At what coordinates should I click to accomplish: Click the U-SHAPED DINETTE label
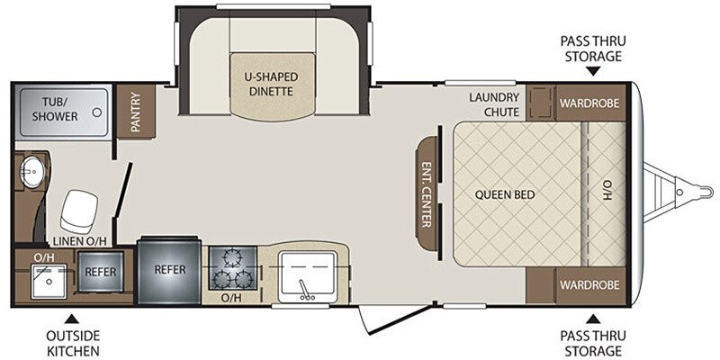coord(271,84)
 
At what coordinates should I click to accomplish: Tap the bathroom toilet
coord(79,211)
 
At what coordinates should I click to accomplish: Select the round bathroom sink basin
coord(32,171)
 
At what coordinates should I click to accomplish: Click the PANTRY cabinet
coord(136,112)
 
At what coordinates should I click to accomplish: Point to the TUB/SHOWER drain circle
coord(97,112)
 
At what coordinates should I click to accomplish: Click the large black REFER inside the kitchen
coord(169,271)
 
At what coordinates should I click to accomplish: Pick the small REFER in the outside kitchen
coord(101,272)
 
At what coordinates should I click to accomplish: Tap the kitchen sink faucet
coord(303,290)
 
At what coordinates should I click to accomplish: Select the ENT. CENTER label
coord(427,193)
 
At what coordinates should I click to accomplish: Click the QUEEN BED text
coord(505,194)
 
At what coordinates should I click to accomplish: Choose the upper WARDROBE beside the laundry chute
coord(589,103)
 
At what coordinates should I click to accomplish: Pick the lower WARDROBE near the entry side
coord(589,285)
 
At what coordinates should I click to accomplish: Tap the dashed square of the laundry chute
coord(540,102)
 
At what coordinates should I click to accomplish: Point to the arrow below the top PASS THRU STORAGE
coord(593,72)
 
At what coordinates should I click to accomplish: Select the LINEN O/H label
coord(80,240)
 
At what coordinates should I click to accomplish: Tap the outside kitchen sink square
coord(49,281)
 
